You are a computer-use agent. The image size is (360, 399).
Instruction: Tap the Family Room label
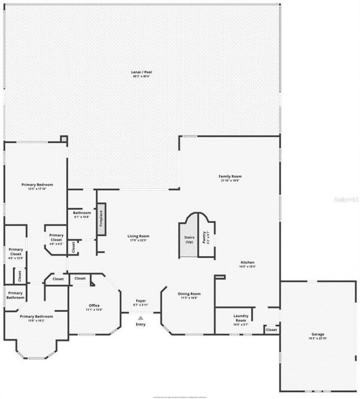(230, 177)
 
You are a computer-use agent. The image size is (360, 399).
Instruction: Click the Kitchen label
(247, 263)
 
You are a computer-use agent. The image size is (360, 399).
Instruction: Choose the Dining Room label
(189, 294)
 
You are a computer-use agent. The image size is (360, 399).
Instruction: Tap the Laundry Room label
(241, 316)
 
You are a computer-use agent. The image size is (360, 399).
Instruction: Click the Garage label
(318, 334)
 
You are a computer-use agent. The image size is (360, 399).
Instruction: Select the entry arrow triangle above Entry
(141, 318)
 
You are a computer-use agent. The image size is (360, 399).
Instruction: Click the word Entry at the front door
(141, 324)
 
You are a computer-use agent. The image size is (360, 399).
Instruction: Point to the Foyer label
(141, 302)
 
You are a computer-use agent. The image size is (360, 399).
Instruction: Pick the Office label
(94, 306)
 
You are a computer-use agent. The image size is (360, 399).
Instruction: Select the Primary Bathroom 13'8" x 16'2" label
(37, 317)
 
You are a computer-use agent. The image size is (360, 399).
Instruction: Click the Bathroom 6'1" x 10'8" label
(82, 213)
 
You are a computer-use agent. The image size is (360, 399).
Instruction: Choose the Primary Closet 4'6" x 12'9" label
(16, 254)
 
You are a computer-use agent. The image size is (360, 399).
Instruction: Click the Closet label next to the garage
(271, 330)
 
